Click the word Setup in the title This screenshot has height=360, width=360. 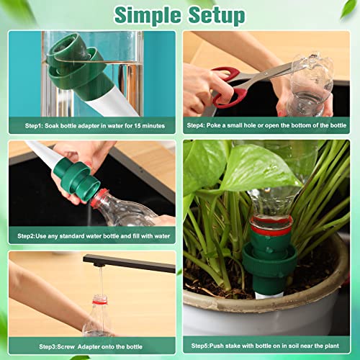[x=216, y=14]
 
